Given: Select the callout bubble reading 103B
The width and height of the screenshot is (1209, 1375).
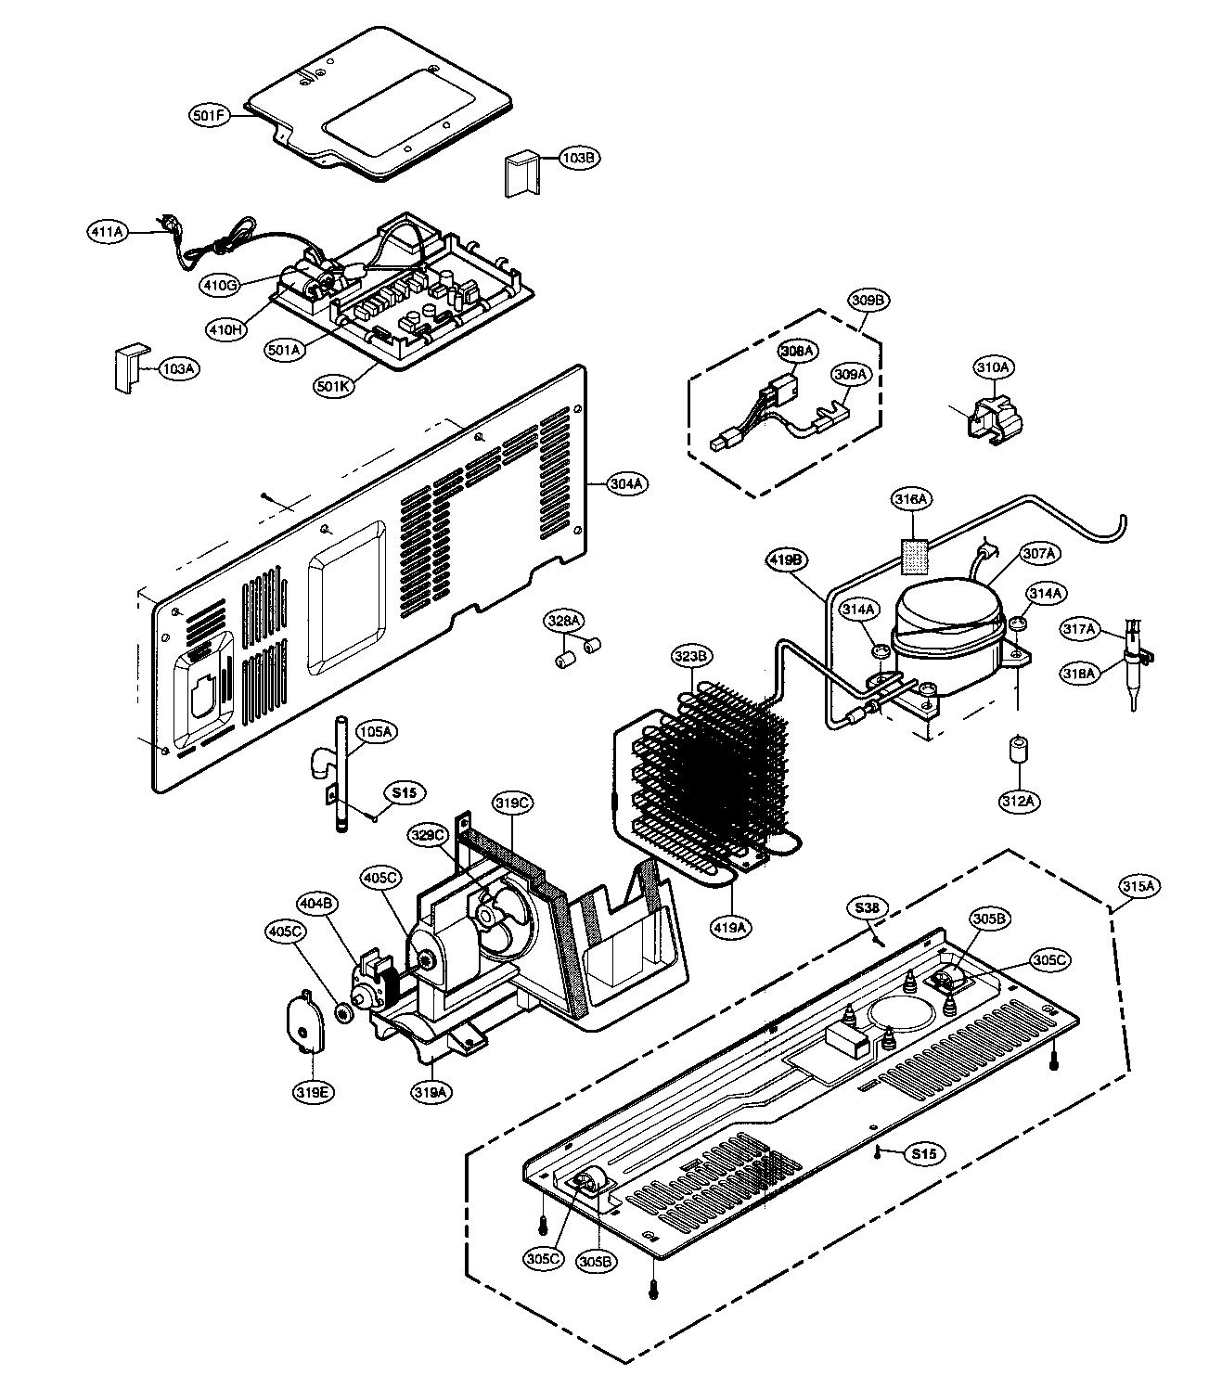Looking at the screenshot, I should [577, 158].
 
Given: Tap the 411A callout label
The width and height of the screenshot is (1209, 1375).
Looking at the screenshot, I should [108, 231].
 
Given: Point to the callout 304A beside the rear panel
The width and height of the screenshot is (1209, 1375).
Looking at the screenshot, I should [627, 483].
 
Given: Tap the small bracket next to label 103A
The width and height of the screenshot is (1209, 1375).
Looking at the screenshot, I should [127, 368].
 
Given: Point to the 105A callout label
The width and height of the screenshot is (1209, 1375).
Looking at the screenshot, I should [376, 732].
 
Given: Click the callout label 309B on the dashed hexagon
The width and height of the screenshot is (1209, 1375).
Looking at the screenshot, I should [869, 300].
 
